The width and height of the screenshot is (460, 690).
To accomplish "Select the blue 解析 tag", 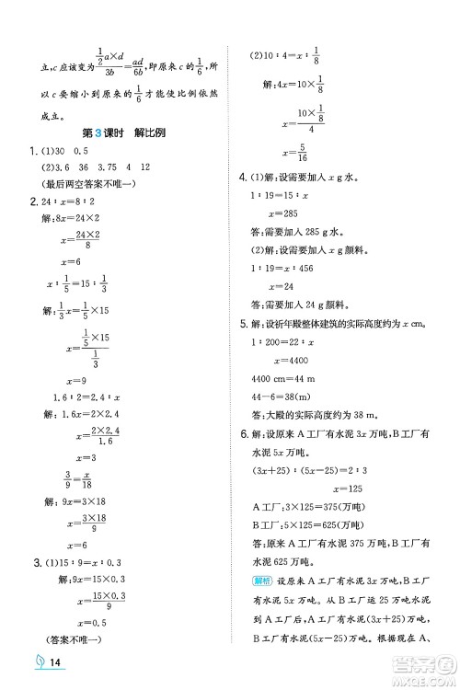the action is [x=262, y=581].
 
